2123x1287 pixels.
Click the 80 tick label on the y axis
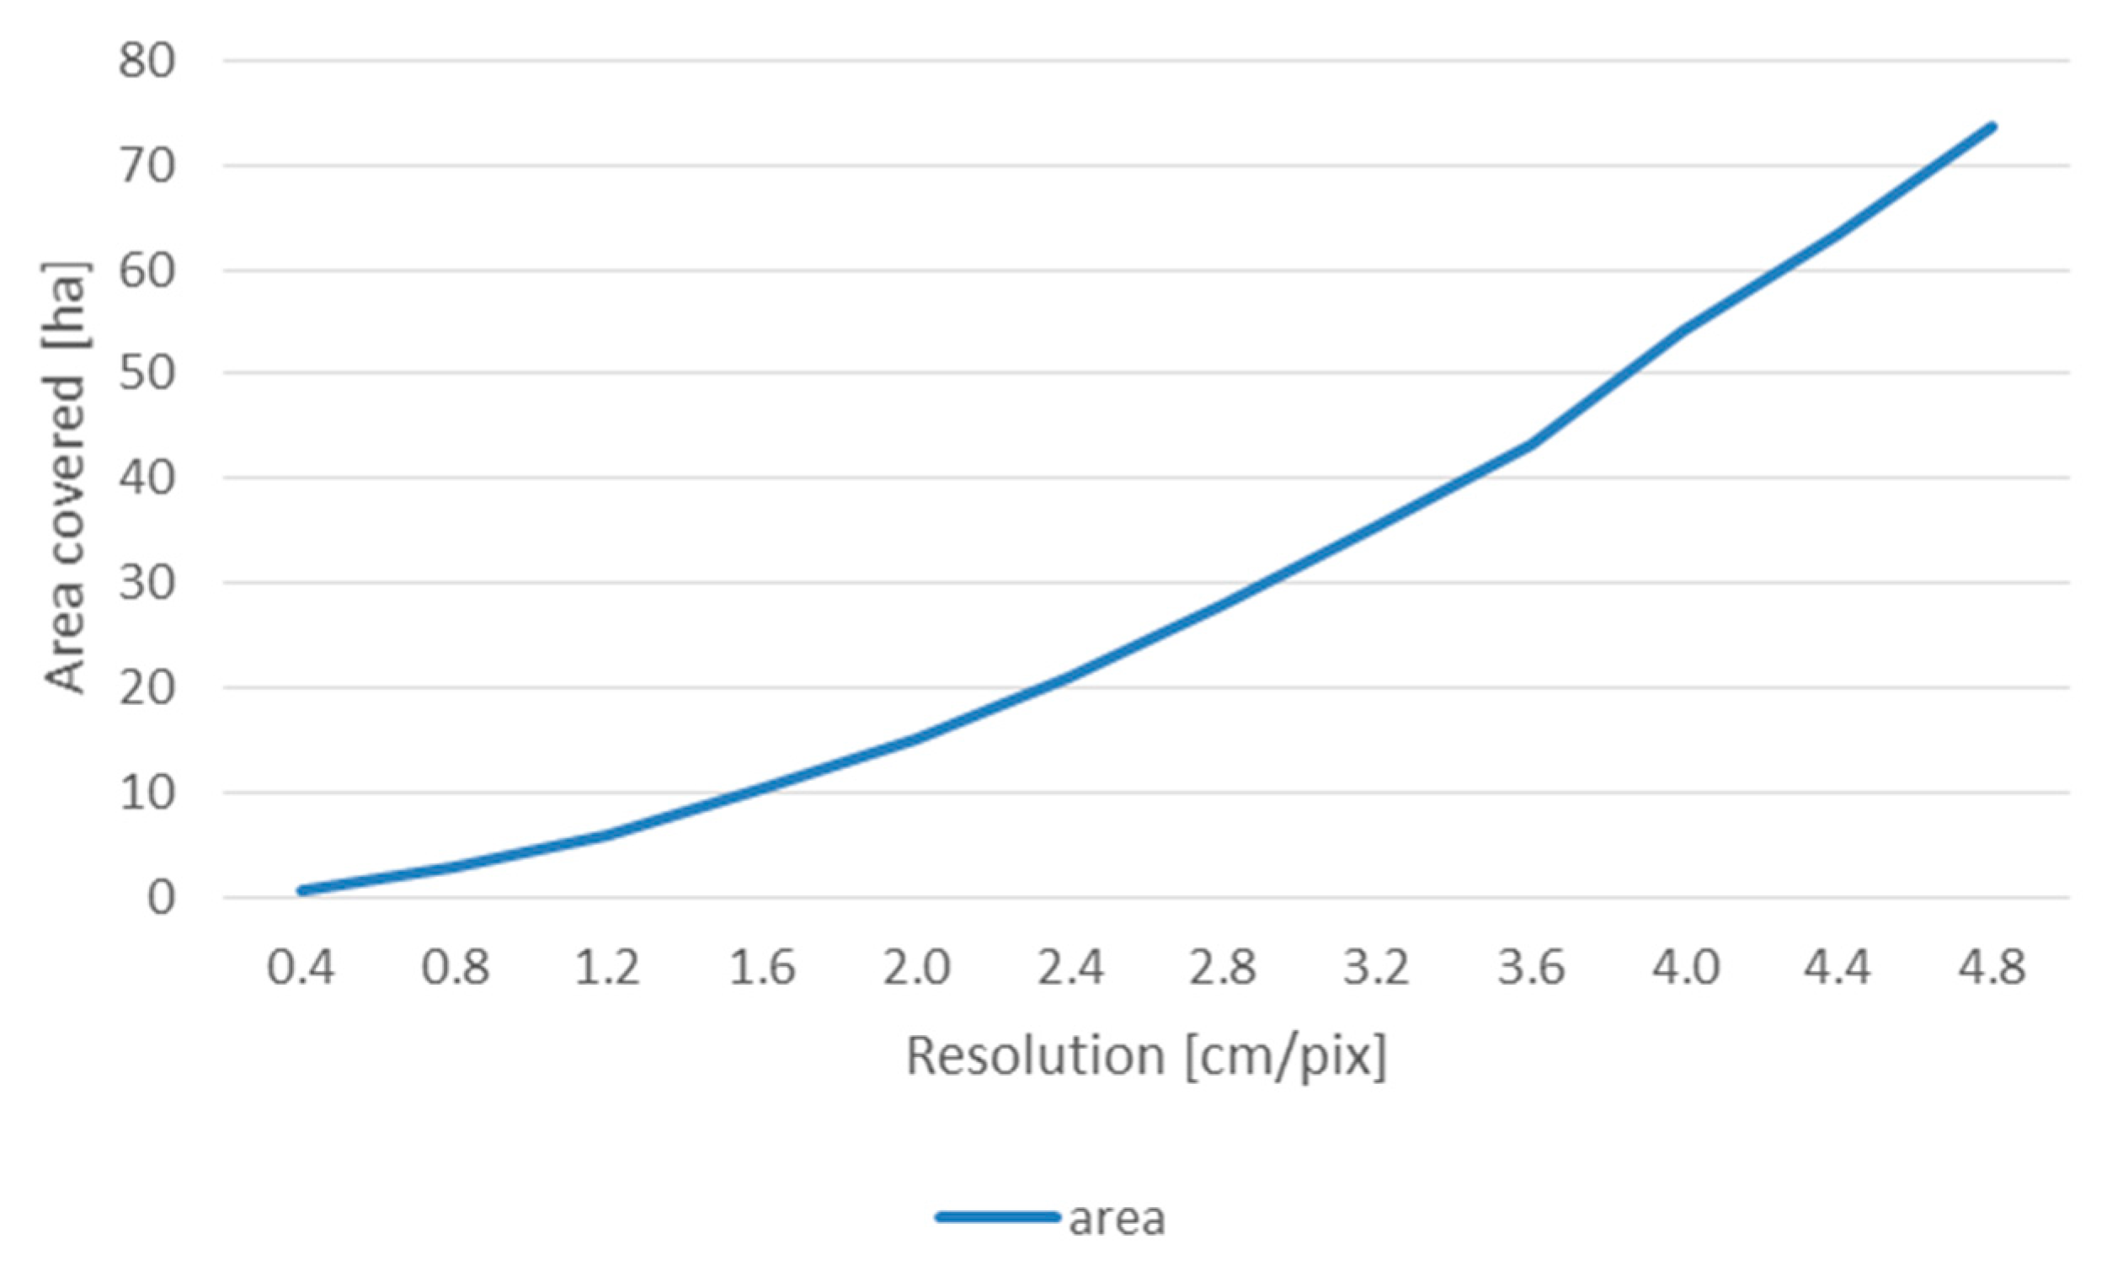point(147,61)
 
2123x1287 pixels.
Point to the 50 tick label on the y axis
point(147,373)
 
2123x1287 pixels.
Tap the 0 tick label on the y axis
point(161,898)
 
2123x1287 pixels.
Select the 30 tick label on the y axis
point(147,584)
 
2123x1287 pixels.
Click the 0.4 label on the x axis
point(301,966)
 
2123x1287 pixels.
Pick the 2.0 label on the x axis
point(916,966)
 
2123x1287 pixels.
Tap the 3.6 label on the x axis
point(1531,966)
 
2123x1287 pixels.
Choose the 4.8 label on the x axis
point(1991,966)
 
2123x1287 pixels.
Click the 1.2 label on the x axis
point(608,966)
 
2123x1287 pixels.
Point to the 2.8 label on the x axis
point(1224,966)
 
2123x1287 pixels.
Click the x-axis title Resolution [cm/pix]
point(1147,1056)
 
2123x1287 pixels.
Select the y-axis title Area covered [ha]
point(65,478)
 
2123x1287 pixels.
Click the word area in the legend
point(1117,1218)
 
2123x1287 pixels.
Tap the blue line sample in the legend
point(997,1217)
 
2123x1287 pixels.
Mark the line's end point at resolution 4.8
point(1991,126)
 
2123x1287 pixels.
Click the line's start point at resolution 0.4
point(301,890)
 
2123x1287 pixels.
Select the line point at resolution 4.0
point(1684,329)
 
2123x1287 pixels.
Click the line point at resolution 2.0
point(916,739)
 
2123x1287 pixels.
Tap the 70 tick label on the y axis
point(147,166)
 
